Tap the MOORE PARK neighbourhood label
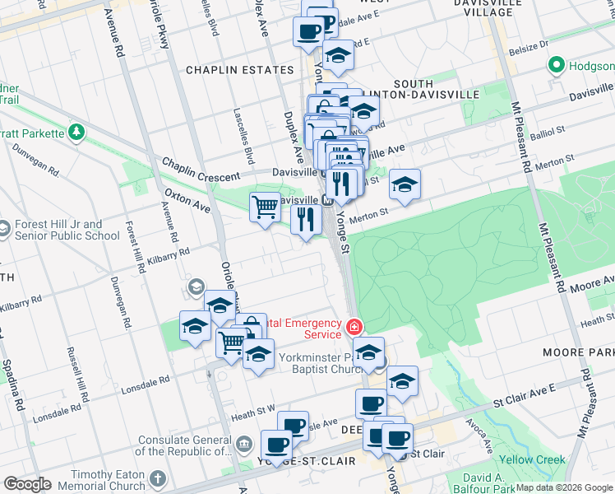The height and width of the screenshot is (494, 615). [578, 352]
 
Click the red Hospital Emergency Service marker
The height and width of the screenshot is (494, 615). [354, 328]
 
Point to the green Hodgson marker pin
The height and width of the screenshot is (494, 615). [557, 65]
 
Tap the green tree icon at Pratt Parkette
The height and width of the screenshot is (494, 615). [76, 132]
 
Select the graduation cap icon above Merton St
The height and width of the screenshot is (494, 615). [404, 184]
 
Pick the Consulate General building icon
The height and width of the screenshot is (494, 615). [244, 445]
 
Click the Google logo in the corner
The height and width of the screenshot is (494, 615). [27, 484]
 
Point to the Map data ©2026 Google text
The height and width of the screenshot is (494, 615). [564, 487]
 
